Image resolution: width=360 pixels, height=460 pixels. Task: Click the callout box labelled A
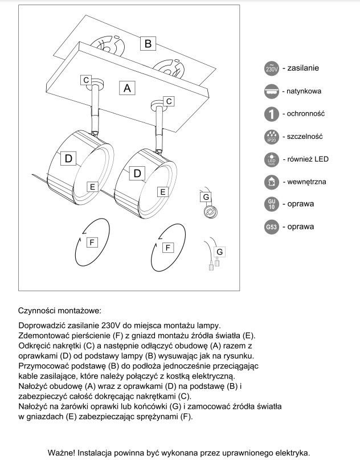(128, 88)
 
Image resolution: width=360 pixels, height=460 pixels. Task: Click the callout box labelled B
(148, 43)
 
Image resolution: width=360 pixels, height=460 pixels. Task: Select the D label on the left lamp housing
(68, 159)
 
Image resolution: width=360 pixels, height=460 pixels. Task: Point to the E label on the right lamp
(162, 192)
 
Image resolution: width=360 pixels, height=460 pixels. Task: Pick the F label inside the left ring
(91, 242)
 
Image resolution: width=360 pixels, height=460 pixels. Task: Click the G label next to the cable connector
(220, 251)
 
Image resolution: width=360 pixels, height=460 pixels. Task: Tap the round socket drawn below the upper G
(210, 212)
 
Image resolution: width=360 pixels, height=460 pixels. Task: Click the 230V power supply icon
(272, 68)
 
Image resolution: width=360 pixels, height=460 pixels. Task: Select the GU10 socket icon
(272, 204)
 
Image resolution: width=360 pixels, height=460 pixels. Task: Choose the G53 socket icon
(272, 227)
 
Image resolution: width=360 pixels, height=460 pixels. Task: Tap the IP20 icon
(272, 137)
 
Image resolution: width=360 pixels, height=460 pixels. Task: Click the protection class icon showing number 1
(272, 113)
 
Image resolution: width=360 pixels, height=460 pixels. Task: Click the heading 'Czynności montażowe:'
(59, 311)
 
